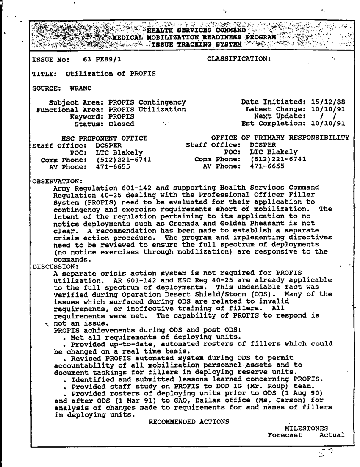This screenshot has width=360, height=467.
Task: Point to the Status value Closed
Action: pyautogui.click(x=122, y=124)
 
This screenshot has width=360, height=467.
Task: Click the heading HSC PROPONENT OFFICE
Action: pyautogui.click(x=105, y=138)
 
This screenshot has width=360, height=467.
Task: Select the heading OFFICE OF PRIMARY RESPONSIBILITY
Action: pyautogui.click(x=280, y=138)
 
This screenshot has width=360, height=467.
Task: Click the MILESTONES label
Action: pyautogui.click(x=306, y=428)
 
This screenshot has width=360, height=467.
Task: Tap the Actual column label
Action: pyautogui.click(x=332, y=435)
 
